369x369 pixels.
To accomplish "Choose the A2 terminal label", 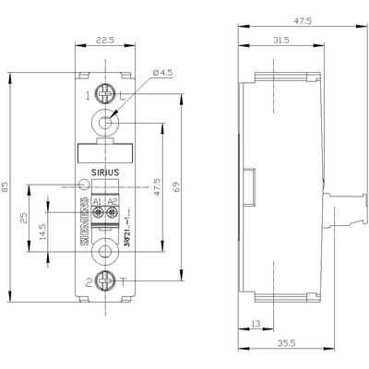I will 113,199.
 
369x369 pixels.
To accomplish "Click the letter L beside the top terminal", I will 123,95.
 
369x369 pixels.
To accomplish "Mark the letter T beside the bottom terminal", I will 123,283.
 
